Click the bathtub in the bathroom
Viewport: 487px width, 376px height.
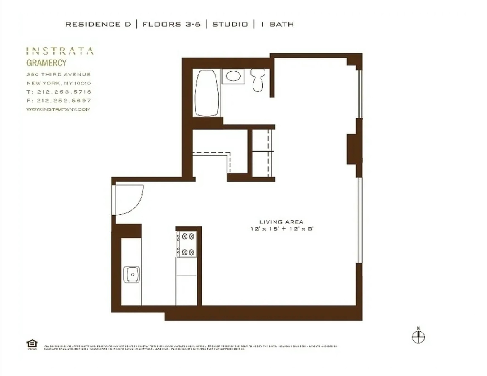tap(207, 93)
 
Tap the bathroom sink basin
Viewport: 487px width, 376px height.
tap(233, 76)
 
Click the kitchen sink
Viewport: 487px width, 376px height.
tap(132, 274)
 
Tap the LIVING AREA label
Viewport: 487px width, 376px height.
tap(281, 222)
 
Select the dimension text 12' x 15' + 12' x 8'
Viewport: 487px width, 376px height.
tap(282, 229)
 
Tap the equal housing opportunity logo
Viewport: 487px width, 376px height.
tap(32, 344)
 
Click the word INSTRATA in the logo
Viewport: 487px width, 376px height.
tap(60, 51)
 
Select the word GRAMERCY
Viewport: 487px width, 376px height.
tap(47, 63)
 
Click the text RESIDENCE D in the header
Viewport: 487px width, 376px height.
tap(98, 25)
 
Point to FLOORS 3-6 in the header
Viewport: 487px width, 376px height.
tap(172, 25)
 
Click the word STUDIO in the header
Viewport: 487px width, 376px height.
tap(230, 25)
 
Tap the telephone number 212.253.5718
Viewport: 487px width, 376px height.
tap(64, 92)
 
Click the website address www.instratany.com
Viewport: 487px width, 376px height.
tap(58, 109)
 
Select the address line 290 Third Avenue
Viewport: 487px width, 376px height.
tap(59, 74)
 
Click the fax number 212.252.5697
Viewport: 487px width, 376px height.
tap(64, 101)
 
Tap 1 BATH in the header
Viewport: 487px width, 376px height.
tap(278, 25)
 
